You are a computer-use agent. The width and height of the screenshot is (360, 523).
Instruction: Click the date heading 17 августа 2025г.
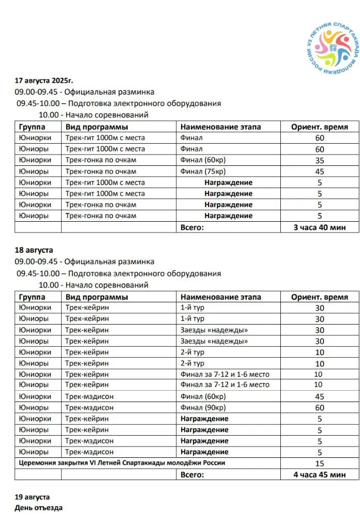[44, 81]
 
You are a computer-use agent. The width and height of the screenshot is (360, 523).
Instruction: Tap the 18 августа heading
[34, 251]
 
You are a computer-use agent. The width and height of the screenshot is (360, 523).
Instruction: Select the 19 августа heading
[32, 497]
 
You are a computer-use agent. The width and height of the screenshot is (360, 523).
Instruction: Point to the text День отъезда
[39, 508]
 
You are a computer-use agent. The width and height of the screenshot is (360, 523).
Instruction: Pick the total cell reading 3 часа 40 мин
[319, 227]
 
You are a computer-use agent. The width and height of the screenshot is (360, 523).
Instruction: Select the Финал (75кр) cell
[203, 172]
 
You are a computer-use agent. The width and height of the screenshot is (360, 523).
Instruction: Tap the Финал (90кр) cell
[203, 408]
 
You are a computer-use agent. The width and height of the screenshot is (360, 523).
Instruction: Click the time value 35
[319, 161]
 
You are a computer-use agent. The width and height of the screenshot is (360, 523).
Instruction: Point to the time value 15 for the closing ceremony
[319, 464]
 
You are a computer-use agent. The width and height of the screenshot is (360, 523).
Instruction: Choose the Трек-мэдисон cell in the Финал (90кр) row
[89, 408]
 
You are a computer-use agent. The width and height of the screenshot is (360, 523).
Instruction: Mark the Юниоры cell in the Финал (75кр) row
[34, 172]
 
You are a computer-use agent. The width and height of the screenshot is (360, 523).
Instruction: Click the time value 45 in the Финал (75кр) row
[319, 172]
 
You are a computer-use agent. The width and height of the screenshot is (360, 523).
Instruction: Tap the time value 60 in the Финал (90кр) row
[319, 408]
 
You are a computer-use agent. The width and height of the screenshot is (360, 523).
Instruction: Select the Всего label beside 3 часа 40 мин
[192, 227]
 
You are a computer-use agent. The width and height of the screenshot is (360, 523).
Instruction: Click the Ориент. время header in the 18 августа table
[319, 297]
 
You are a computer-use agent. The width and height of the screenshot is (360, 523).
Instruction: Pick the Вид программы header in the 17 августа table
[97, 127]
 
